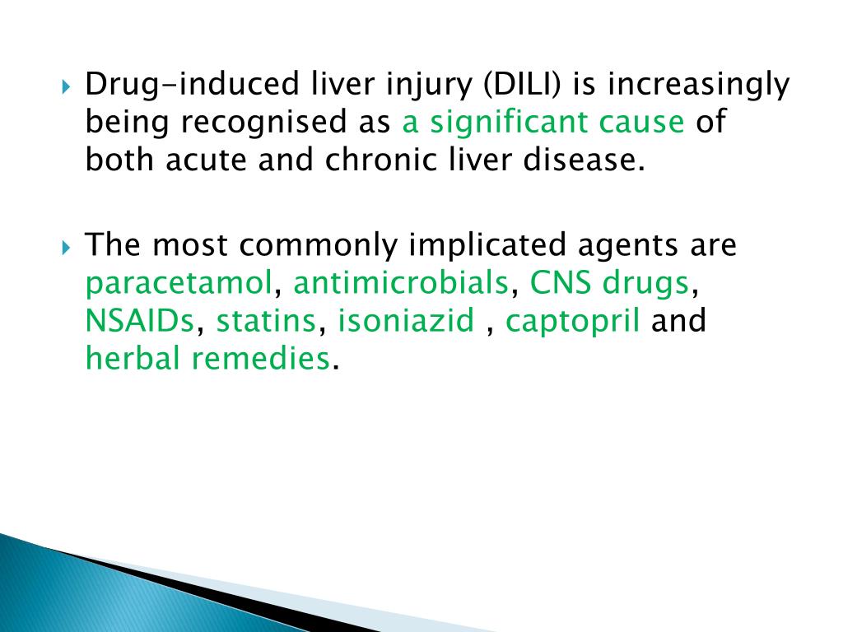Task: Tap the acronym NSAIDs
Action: pyautogui.click(x=140, y=320)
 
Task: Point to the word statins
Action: pyautogui.click(x=266, y=320)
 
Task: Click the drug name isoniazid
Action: pyautogui.click(x=406, y=320)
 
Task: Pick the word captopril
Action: pyautogui.click(x=572, y=322)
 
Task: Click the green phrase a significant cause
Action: pyautogui.click(x=543, y=123)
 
